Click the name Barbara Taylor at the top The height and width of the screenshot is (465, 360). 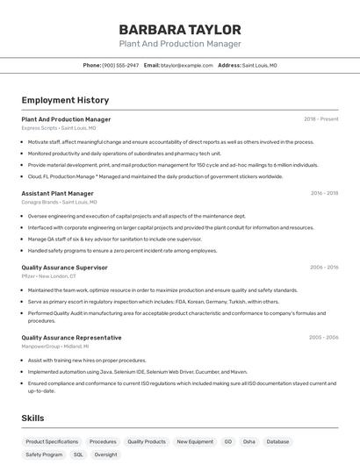pos(180,28)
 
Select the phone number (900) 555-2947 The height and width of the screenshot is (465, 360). pos(120,65)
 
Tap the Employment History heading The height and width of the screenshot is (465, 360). pos(65,100)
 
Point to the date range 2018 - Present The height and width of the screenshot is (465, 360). pos(320,119)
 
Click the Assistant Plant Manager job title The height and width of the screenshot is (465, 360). pos(57,193)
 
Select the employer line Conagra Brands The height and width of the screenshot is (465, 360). pos(59,202)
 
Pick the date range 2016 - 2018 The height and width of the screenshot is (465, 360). pos(324,193)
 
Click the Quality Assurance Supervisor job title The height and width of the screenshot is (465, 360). pos(64,268)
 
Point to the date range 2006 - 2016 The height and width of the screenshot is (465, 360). pos(324,268)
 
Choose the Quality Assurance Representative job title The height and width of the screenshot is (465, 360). pos(71,338)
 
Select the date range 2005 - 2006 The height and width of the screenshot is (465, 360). pos(324,338)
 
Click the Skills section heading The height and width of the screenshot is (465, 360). pos(32,418)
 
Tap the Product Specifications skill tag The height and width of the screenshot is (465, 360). pos(52,442)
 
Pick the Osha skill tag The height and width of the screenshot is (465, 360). pos(249,442)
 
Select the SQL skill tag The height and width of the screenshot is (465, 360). pos(78,455)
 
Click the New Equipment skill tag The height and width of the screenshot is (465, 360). pos(195,442)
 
